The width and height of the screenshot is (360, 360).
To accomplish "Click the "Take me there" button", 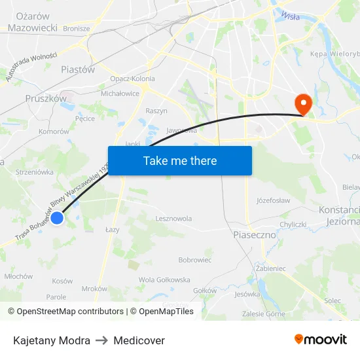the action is coord(180,160).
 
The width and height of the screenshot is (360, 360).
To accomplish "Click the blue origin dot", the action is coord(57,218).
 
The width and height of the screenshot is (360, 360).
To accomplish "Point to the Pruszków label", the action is coord(46,98).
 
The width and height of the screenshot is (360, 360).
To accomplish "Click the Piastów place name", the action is coord(77,69).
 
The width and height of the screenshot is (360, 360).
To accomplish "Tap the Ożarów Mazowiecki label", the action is coord(32,22).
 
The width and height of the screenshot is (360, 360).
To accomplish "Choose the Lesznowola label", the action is coord(173,219).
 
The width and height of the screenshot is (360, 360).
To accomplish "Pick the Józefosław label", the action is coord(273,200).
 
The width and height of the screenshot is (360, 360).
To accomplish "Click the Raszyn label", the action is coord(156,111).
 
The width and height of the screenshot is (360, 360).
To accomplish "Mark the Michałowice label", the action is coord(120,94).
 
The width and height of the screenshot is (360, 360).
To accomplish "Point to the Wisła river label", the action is coord(289,16).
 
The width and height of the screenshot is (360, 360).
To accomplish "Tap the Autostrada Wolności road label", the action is coord(31,67).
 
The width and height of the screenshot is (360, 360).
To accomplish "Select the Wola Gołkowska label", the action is coord(164,279).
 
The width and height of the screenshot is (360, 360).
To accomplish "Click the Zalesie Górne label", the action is coord(263,314).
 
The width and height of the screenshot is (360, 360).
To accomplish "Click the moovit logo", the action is coord(320,340).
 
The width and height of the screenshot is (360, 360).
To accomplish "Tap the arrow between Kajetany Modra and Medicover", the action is coord(101,340).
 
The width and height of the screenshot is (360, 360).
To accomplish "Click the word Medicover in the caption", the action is coord(139,340).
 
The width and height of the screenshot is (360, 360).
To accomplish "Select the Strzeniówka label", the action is coord(35,172).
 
